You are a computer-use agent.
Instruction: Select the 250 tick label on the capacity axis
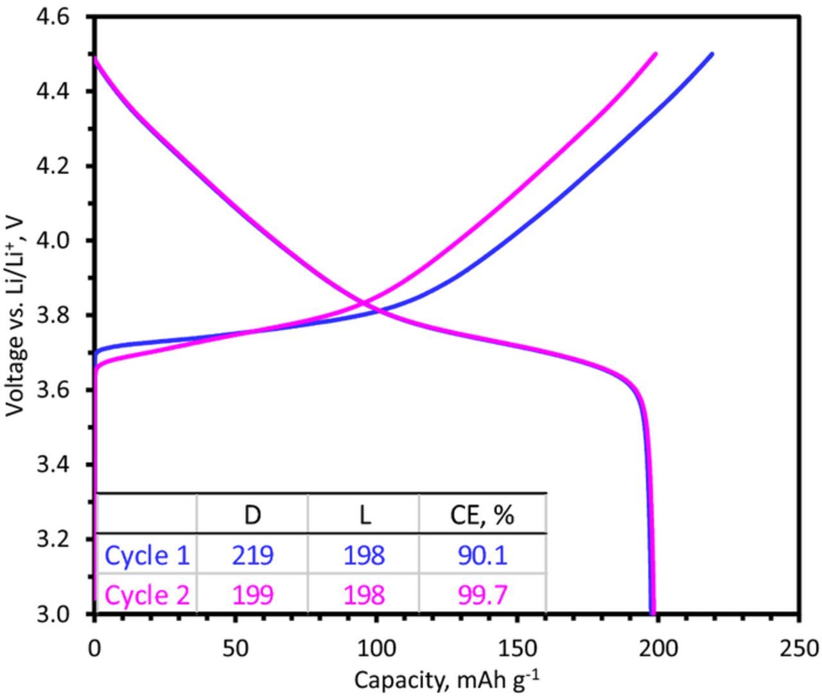coord(799,649)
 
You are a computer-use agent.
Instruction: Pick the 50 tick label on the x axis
coord(236,649)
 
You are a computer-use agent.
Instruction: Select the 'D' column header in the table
coord(252,515)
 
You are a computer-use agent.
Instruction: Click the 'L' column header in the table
coord(364,515)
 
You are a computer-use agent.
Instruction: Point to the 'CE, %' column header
coord(482,515)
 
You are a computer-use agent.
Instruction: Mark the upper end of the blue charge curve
coord(712,55)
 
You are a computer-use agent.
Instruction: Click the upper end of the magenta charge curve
coord(655,55)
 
